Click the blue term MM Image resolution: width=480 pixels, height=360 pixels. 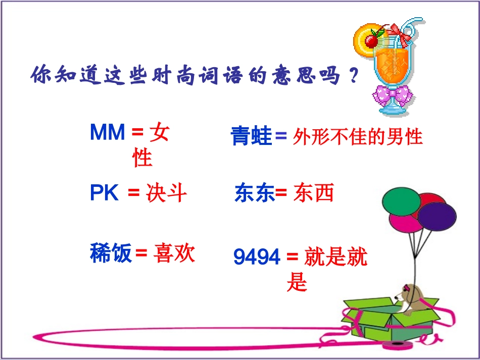click(107, 132)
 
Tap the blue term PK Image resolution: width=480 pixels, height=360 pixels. click(104, 193)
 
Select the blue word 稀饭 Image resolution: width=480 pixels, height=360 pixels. click(111, 253)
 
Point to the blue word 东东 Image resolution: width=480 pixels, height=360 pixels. click(254, 194)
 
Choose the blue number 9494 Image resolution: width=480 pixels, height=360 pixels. click(257, 258)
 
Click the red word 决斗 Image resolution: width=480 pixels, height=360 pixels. click(167, 193)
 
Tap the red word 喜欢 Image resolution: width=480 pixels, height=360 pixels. click(174, 253)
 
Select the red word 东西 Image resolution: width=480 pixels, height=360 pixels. click(314, 193)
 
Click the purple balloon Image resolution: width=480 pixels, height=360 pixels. click(437, 218)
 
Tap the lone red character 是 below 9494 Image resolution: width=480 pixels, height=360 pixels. click(297, 283)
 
